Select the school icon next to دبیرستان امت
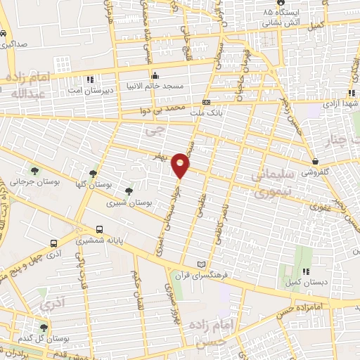pos(90,79)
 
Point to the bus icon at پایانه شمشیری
pos(99,229)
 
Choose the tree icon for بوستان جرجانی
pos(34,170)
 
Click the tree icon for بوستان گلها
pos(93,173)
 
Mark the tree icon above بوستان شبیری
pos(128,191)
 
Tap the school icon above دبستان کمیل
pos(305,271)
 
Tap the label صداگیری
pos(14,44)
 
